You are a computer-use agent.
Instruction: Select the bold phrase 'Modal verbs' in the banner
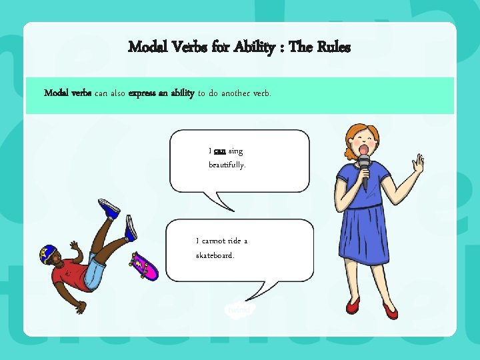(x=67, y=93)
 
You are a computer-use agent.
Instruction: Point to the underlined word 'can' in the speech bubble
(x=219, y=151)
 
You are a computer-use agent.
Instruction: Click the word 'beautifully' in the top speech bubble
(x=227, y=164)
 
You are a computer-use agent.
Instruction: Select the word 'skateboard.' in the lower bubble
(x=215, y=255)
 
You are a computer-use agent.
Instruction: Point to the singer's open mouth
(x=364, y=147)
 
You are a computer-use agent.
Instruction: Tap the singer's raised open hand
(x=418, y=163)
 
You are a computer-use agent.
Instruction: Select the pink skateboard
(x=145, y=266)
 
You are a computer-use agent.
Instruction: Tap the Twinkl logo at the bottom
(x=239, y=309)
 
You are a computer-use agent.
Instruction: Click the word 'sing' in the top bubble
(x=236, y=151)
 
